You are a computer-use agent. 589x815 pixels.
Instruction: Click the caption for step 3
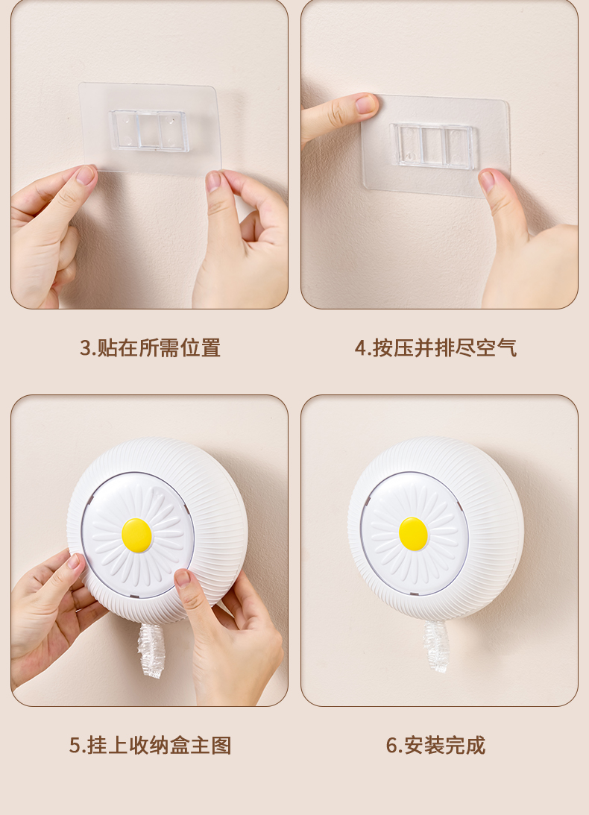tap(150, 347)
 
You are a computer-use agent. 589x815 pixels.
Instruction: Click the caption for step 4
tap(435, 347)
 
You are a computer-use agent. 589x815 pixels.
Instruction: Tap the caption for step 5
tap(151, 746)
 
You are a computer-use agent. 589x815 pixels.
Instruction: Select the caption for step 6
tap(435, 746)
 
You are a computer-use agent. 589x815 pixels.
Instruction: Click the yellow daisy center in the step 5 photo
tap(136, 534)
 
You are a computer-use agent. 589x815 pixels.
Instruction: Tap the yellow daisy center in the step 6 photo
tap(413, 534)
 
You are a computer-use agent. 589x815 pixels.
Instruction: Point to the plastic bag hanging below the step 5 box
tap(151, 649)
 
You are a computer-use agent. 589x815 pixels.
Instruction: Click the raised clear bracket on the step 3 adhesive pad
tap(148, 130)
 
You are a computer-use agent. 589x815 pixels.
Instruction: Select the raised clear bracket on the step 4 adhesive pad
tap(433, 145)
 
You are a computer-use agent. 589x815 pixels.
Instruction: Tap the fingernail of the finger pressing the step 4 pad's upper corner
tap(366, 104)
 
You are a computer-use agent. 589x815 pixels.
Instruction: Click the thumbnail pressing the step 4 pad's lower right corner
tap(487, 181)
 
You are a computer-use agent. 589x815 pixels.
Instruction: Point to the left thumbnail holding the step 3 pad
tap(85, 175)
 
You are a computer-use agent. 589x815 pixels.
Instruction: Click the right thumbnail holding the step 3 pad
tap(213, 181)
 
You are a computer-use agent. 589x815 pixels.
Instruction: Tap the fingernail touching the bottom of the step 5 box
tap(183, 577)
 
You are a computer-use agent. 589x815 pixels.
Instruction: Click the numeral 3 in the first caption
tap(85, 348)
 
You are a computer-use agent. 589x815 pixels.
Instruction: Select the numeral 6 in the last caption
tap(391, 746)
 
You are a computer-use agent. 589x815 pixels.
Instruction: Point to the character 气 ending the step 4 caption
tap(507, 347)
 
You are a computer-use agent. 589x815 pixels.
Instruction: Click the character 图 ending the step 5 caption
tap(221, 746)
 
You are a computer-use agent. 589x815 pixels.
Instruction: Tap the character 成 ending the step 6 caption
tap(475, 746)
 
